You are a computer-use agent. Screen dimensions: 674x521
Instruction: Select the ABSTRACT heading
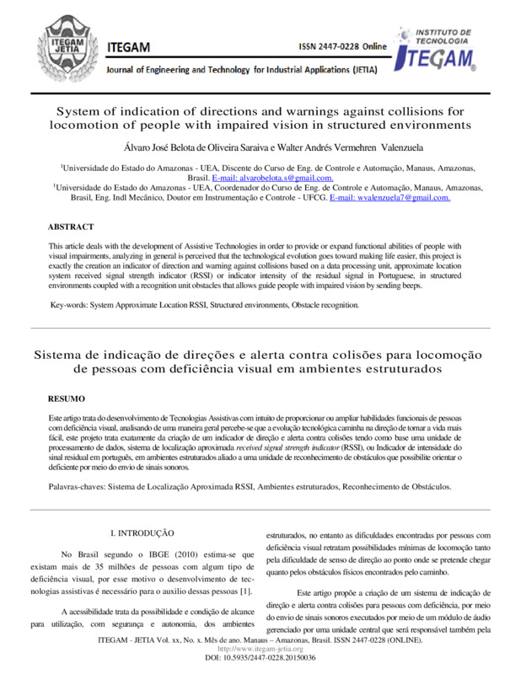coord(71,227)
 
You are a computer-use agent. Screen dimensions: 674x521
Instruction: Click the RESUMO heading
coord(66,396)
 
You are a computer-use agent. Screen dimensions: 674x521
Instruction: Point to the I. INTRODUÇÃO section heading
coord(142,533)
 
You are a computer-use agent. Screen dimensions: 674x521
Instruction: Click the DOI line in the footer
coord(260,657)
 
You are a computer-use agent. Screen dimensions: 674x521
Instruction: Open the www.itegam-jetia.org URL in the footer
coord(260,649)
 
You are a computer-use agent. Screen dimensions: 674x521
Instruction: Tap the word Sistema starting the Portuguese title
coord(61,355)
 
